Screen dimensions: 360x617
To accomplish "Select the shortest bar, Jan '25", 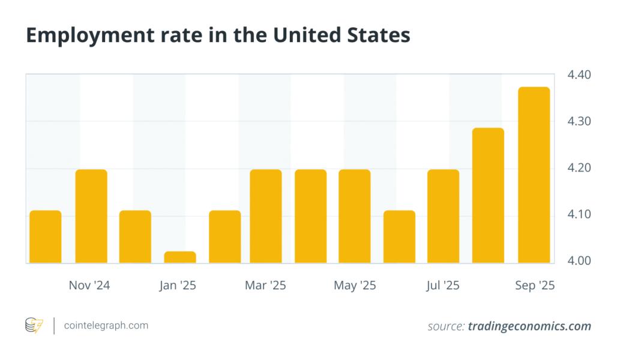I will [180, 257].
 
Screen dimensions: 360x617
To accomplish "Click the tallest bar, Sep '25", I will [534, 175].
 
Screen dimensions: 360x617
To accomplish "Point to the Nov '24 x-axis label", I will [89, 286].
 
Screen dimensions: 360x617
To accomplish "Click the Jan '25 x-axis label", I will [178, 286].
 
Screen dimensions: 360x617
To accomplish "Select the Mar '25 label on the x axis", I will [265, 286].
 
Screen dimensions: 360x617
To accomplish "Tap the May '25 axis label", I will [355, 286].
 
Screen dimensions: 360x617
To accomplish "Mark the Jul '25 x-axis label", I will [443, 286].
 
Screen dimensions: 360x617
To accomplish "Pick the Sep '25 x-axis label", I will [535, 286].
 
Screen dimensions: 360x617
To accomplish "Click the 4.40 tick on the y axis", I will [579, 75].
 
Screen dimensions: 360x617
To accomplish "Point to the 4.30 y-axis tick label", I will [579, 121].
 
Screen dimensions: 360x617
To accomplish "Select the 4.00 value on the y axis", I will [579, 261].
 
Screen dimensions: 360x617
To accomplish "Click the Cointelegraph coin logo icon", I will [34, 326].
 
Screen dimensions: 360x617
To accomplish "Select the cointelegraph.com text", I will [106, 326].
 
